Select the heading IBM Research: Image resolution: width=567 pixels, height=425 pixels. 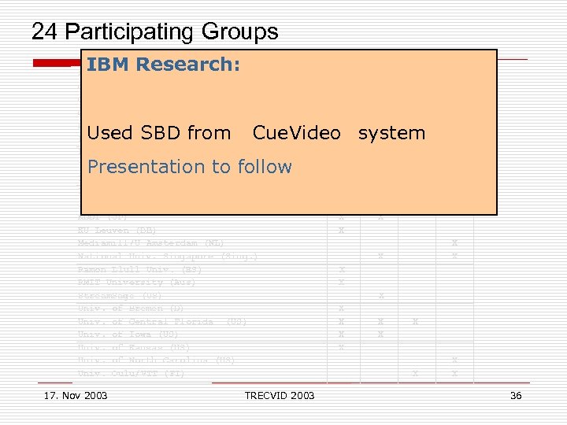163,65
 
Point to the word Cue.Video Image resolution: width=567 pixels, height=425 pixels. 297,133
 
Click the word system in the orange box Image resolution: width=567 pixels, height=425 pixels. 391,133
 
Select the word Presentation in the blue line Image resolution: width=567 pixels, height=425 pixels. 135,166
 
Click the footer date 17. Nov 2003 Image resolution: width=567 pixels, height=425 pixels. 76,395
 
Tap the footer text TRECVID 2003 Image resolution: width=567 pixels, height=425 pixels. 280,395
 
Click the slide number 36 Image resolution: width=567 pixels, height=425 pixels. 516,395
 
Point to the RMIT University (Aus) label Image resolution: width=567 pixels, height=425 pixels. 137,283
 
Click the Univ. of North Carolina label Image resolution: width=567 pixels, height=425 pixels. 157,360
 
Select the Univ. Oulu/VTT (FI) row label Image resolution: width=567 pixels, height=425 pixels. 131,374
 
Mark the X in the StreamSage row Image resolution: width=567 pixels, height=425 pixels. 380,296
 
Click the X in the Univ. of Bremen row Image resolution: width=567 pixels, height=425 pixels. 341,309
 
